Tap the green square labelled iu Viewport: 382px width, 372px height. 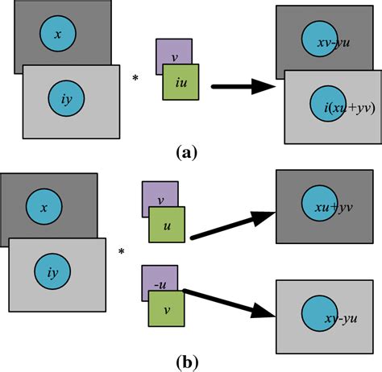180,82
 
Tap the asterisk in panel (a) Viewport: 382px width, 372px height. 135,77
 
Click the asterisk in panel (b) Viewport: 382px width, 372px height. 122,252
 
